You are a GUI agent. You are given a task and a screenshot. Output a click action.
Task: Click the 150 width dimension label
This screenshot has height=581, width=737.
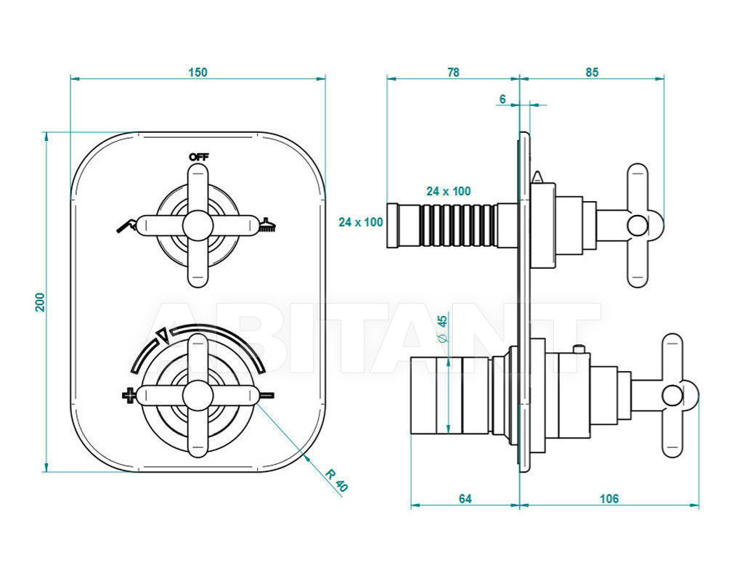[x=198, y=72]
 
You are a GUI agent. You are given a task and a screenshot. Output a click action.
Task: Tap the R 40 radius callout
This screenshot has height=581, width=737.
[x=336, y=480]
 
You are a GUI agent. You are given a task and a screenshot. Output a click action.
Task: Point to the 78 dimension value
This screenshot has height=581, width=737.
[x=453, y=72]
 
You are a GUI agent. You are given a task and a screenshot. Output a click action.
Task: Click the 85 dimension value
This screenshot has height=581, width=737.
[x=592, y=72]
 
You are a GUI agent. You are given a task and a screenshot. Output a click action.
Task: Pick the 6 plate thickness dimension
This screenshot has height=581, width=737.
[x=502, y=99]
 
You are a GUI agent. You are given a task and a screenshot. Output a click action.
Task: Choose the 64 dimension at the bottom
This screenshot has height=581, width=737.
[x=465, y=498]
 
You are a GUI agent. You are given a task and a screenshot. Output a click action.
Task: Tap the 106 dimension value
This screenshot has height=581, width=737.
[x=609, y=498]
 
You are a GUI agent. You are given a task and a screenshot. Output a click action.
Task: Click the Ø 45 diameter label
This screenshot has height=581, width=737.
[x=442, y=328]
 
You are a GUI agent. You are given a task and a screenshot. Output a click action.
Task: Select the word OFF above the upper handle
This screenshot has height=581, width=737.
[x=198, y=157]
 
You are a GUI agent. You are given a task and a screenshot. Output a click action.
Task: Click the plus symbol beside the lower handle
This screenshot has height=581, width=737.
[x=128, y=395]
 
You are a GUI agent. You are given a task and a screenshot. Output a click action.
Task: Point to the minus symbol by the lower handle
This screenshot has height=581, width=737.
[x=266, y=394]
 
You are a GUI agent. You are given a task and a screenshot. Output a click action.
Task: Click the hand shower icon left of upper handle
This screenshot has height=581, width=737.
[x=127, y=225]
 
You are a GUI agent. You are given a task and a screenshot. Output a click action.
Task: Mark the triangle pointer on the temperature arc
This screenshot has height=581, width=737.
[x=163, y=335]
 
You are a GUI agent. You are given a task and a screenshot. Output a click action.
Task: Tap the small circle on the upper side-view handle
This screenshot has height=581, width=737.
[x=638, y=225]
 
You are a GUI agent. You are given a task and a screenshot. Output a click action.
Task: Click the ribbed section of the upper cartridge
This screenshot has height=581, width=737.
[x=458, y=225]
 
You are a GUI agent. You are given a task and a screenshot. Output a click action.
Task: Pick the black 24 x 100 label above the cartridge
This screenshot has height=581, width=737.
[x=449, y=191]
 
